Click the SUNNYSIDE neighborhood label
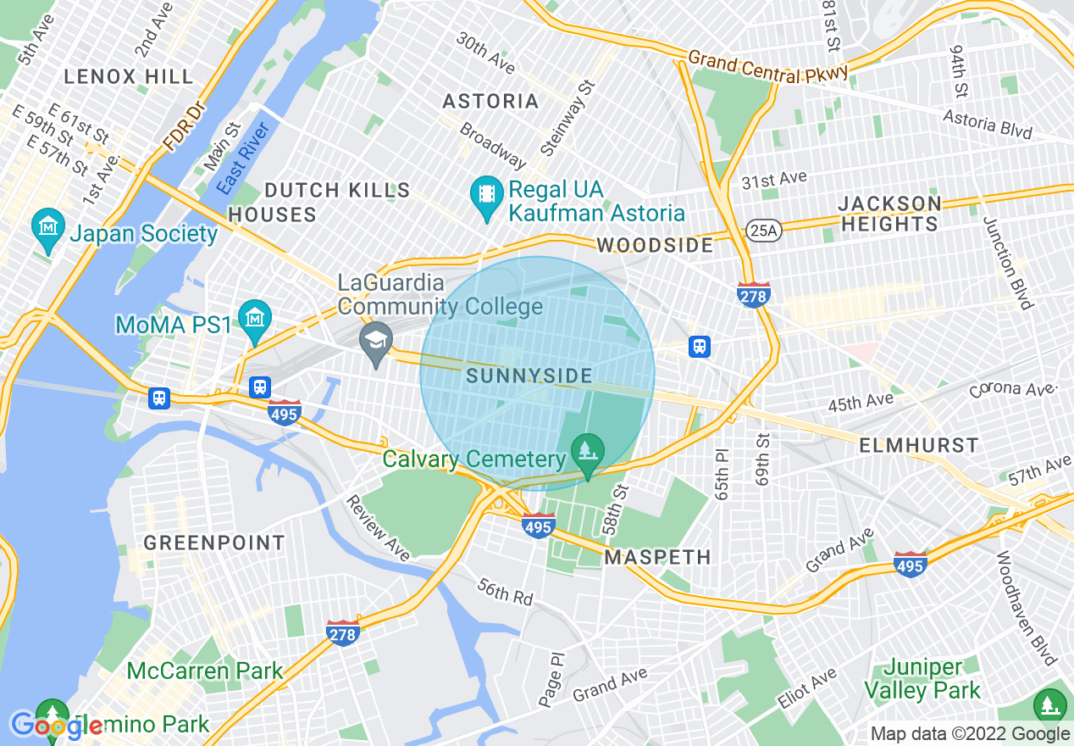[529, 376]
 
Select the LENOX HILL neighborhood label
[129, 76]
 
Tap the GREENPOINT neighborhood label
[214, 543]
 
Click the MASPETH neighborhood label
[657, 557]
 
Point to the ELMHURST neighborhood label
[919, 445]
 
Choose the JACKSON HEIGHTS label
[889, 214]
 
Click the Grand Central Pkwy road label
[767, 68]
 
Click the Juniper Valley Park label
[922, 679]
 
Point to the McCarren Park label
[205, 671]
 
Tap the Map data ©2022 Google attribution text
[971, 734]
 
